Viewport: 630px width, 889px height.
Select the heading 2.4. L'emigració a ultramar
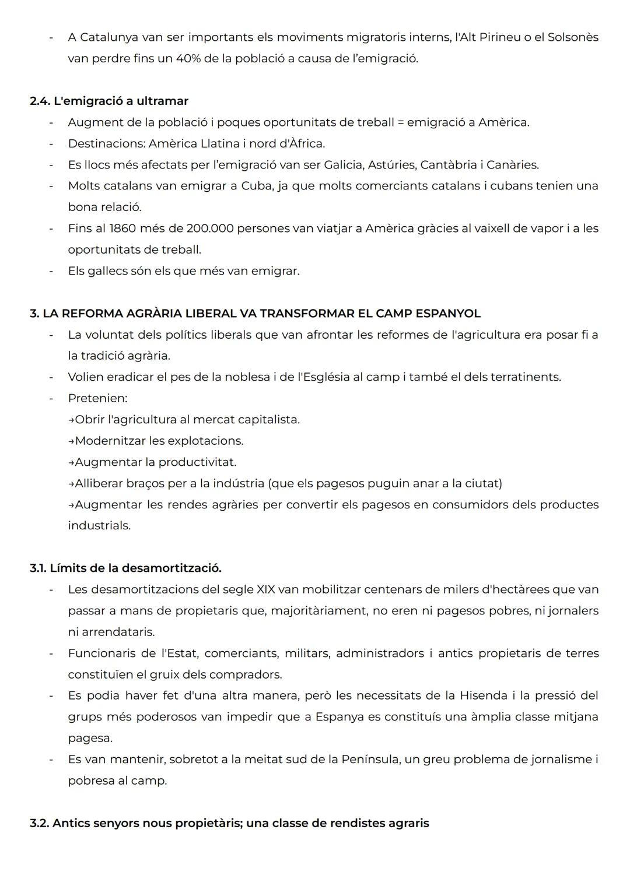click(x=109, y=101)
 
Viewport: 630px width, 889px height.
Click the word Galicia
click(x=342, y=165)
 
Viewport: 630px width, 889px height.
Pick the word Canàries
click(x=513, y=165)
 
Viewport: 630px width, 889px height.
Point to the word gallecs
click(x=107, y=271)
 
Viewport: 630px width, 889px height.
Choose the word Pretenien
click(x=97, y=399)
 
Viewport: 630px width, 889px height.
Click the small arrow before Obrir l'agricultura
click(x=71, y=420)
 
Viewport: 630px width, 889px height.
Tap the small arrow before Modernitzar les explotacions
click(x=71, y=441)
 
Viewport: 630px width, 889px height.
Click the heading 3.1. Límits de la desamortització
click(x=125, y=568)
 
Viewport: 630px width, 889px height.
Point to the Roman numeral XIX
click(x=265, y=589)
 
